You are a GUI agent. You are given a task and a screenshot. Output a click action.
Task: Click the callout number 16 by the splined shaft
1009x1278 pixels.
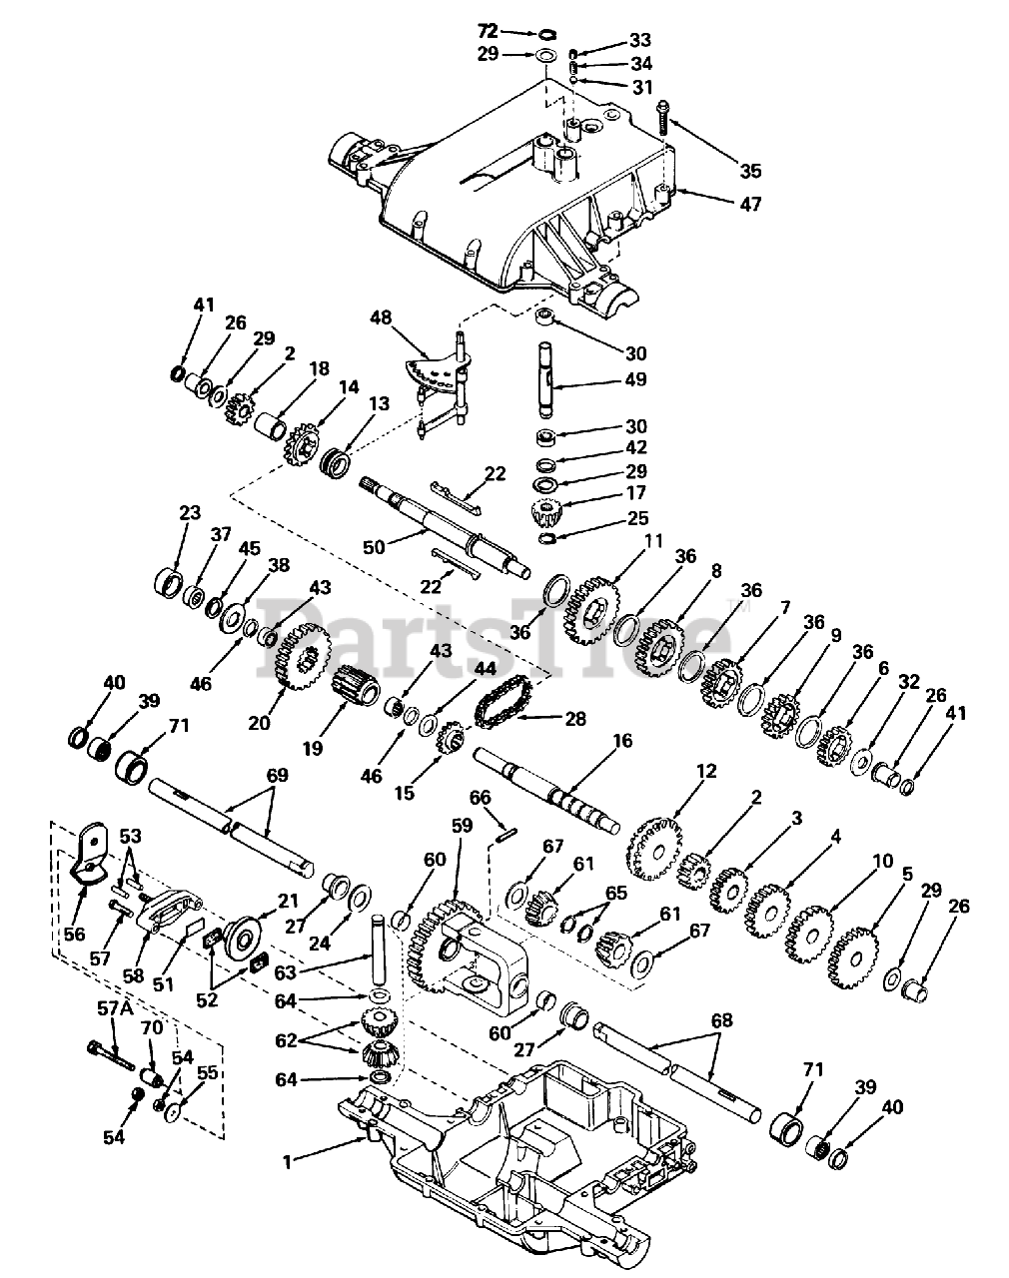point(622,742)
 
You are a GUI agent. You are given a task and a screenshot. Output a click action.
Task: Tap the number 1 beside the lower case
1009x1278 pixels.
point(289,1161)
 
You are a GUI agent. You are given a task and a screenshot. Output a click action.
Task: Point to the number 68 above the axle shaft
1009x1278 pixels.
point(721,1020)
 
